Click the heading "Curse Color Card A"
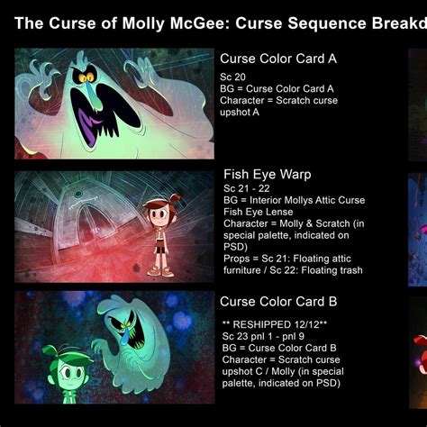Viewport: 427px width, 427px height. pyautogui.click(x=278, y=59)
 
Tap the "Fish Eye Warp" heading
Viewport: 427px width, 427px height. pyautogui.click(x=268, y=175)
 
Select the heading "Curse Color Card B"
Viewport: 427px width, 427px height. pyautogui.click(x=278, y=302)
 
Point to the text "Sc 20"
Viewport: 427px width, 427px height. pyautogui.click(x=232, y=77)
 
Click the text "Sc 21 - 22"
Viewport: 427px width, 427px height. pyautogui.click(x=247, y=188)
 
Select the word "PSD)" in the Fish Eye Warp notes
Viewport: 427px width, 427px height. pyautogui.click(x=235, y=247)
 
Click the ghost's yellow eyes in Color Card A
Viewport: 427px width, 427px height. pyautogui.click(x=86, y=77)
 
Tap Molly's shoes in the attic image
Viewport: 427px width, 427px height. pyautogui.click(x=160, y=271)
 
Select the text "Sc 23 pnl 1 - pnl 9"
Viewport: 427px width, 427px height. pyautogui.click(x=263, y=336)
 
